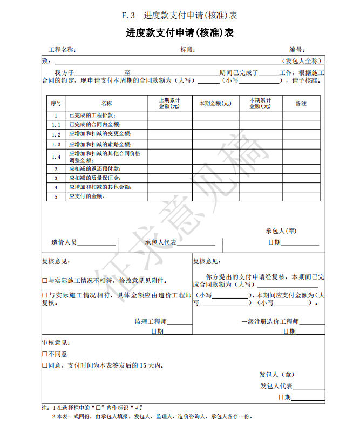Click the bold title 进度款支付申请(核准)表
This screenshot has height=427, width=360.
click(180, 33)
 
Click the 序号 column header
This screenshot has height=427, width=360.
click(56, 103)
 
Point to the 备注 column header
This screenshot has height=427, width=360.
click(301, 103)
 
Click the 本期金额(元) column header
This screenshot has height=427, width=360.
click(215, 103)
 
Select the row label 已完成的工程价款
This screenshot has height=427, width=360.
click(92, 116)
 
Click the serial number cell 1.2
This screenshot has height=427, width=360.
click(56, 134)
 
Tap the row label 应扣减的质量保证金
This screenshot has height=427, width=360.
click(95, 178)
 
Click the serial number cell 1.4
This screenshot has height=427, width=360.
click(56, 157)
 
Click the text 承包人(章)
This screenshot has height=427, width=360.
click(281, 231)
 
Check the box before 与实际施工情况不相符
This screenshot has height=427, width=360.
click(45, 281)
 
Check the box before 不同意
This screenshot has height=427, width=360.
click(45, 354)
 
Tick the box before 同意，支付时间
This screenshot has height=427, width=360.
click(45, 365)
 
